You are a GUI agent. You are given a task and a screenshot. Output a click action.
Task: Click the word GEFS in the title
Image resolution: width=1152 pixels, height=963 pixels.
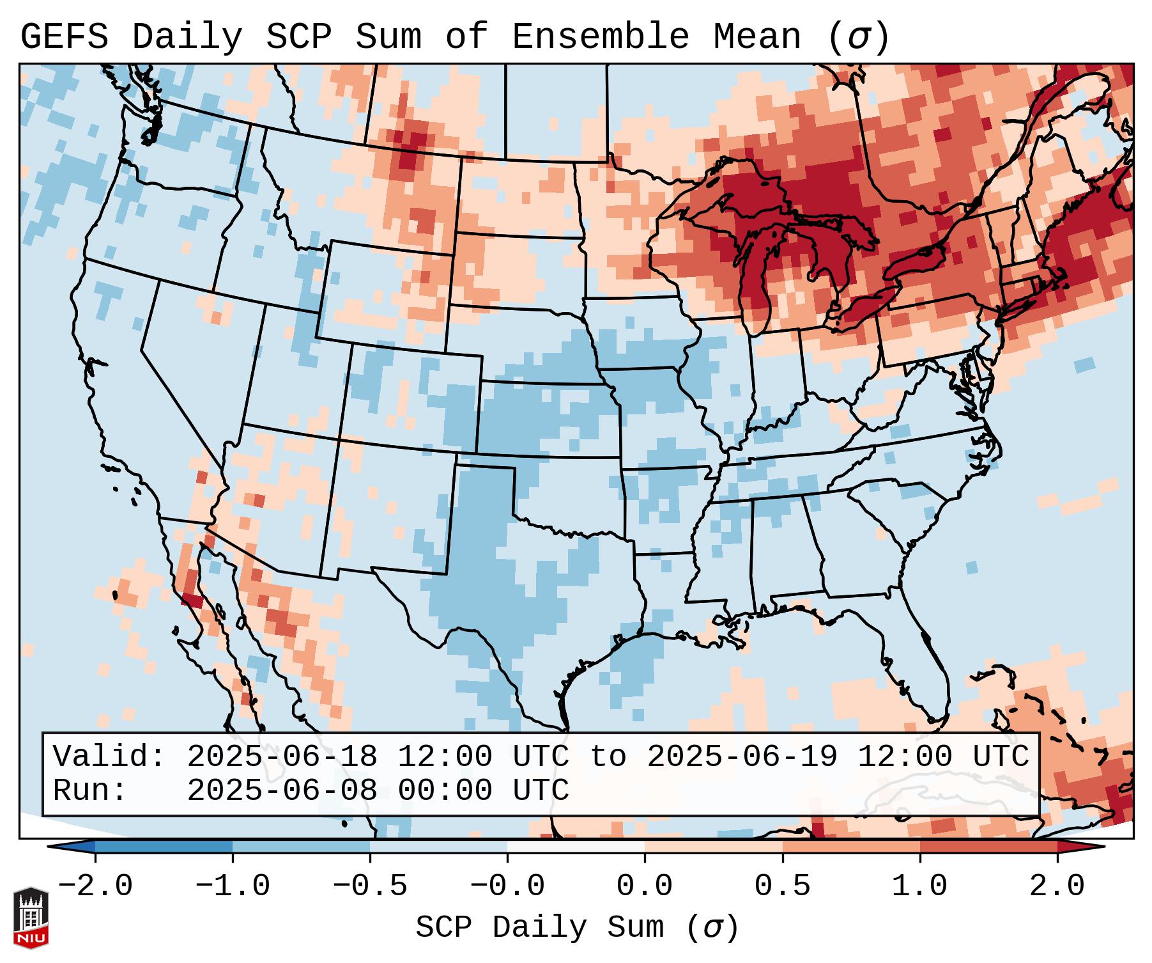64,37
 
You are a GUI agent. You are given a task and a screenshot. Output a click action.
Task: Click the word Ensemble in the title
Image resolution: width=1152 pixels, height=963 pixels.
600,37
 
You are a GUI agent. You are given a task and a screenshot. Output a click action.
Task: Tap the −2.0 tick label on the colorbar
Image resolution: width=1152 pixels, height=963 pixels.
95,886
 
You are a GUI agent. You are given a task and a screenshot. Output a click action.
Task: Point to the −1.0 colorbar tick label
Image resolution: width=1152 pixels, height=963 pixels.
233,886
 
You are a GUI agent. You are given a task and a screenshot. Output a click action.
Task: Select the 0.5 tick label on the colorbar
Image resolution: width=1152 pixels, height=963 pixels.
783,886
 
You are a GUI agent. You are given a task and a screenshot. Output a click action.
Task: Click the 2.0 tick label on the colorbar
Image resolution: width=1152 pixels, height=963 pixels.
1057,886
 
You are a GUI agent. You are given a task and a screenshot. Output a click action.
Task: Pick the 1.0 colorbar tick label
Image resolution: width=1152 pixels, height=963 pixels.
920,886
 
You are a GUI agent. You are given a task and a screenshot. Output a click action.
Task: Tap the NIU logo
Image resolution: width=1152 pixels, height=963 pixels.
31,918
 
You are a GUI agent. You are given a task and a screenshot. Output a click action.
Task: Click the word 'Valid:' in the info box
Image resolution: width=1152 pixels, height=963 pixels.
109,756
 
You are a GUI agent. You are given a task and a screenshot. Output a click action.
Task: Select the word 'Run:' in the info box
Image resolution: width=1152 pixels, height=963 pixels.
90,790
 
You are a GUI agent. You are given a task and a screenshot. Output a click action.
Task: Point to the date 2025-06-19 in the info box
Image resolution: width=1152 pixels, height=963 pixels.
742,756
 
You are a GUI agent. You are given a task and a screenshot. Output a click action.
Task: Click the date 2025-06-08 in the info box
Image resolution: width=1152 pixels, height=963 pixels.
282,790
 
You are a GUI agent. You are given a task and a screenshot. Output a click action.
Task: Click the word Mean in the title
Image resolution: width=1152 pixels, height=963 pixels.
757,37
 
